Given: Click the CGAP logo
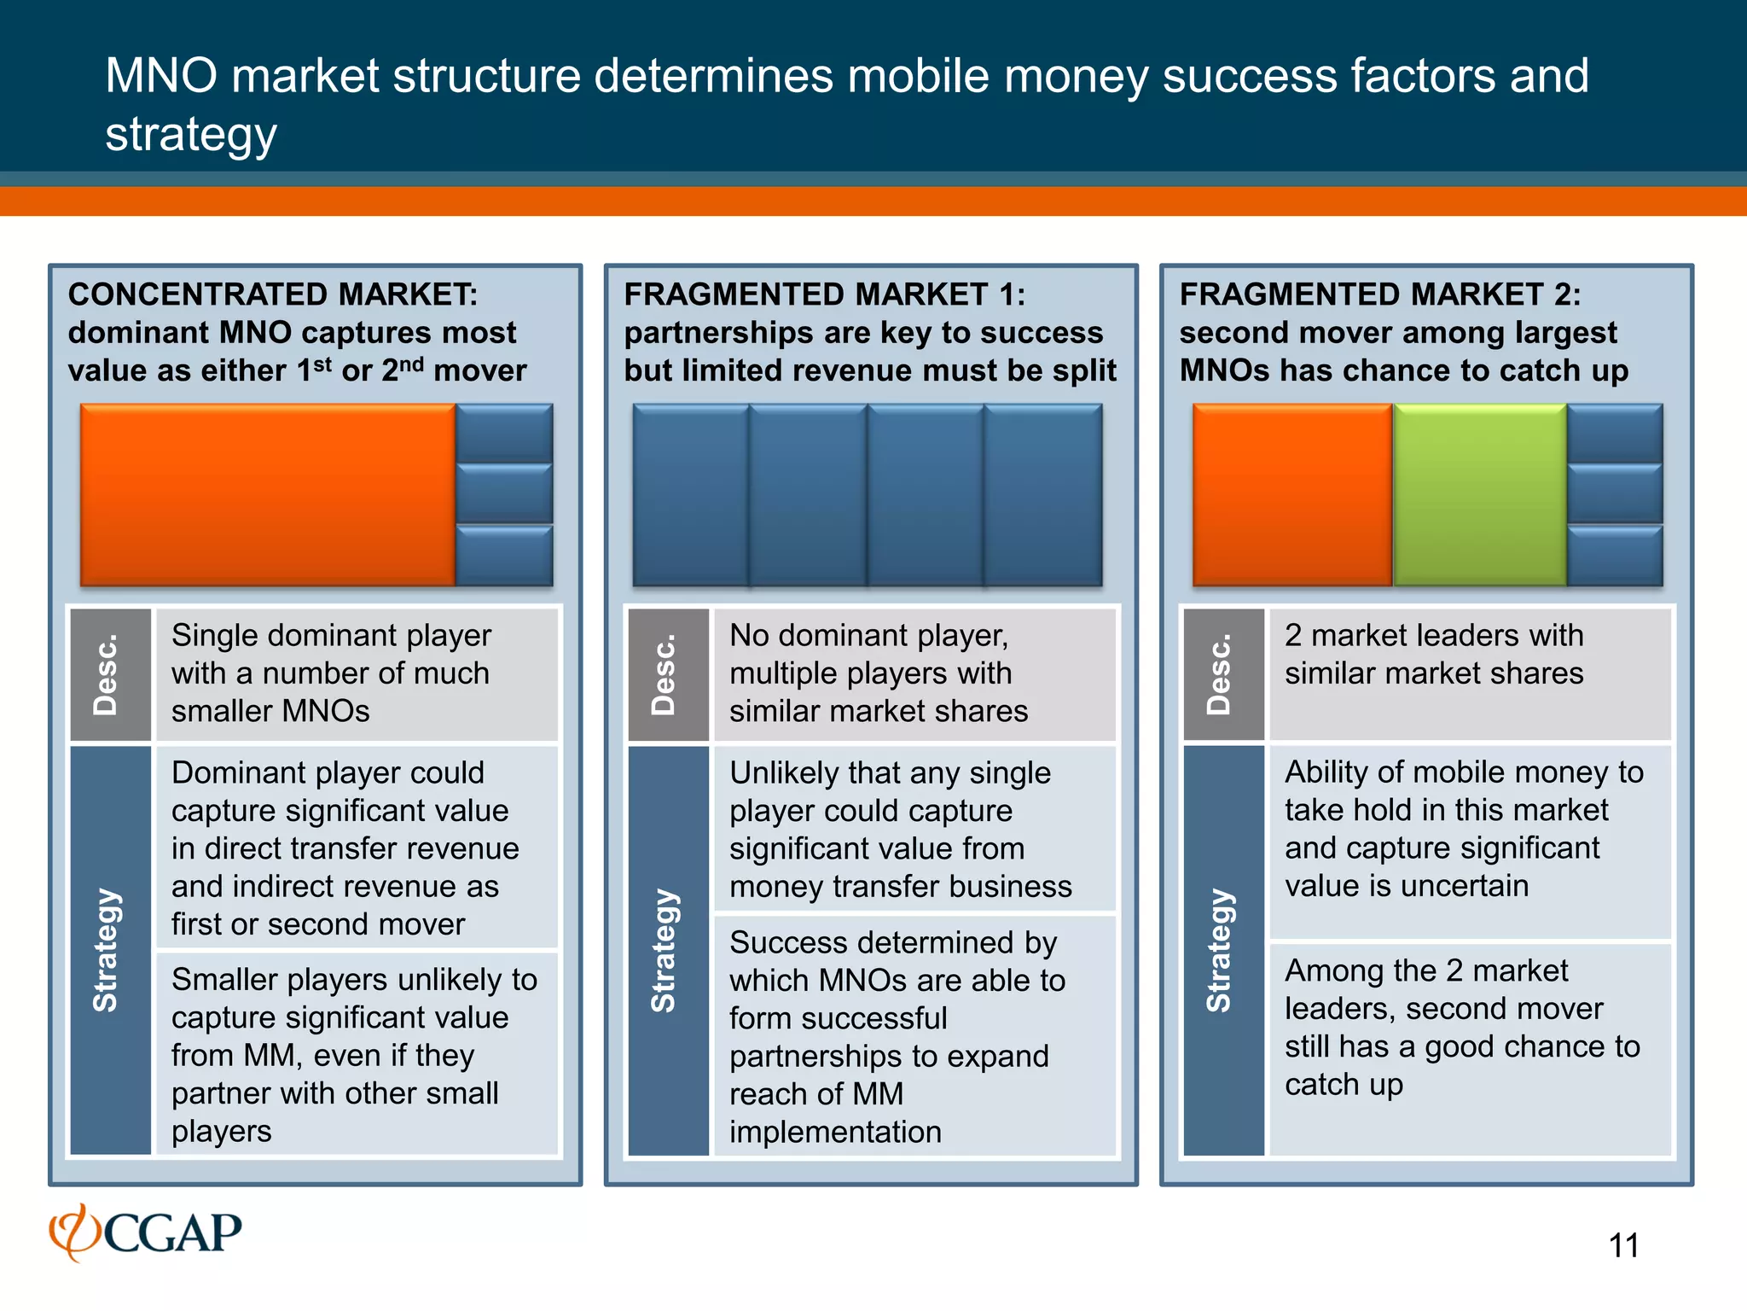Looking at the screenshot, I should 145,1232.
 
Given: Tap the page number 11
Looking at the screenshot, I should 1623,1245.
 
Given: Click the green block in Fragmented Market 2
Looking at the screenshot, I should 1479,495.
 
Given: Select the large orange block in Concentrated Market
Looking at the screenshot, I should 267,495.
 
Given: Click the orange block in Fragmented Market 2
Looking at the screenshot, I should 1291,495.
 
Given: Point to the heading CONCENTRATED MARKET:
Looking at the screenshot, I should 273,294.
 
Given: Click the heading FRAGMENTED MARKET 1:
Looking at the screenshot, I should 824,294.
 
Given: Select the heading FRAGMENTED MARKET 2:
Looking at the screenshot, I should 1379,294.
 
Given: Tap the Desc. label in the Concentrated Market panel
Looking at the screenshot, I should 109,674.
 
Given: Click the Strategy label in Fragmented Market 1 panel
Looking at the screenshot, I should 667,950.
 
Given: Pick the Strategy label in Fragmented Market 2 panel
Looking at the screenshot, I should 1222,950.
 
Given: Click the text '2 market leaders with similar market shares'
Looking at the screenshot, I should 1434,655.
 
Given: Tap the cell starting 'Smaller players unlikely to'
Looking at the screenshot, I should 353,1054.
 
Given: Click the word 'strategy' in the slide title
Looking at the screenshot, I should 191,135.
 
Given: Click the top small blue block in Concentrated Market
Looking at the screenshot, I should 504,434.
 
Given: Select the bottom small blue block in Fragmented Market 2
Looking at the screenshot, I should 1615,556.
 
